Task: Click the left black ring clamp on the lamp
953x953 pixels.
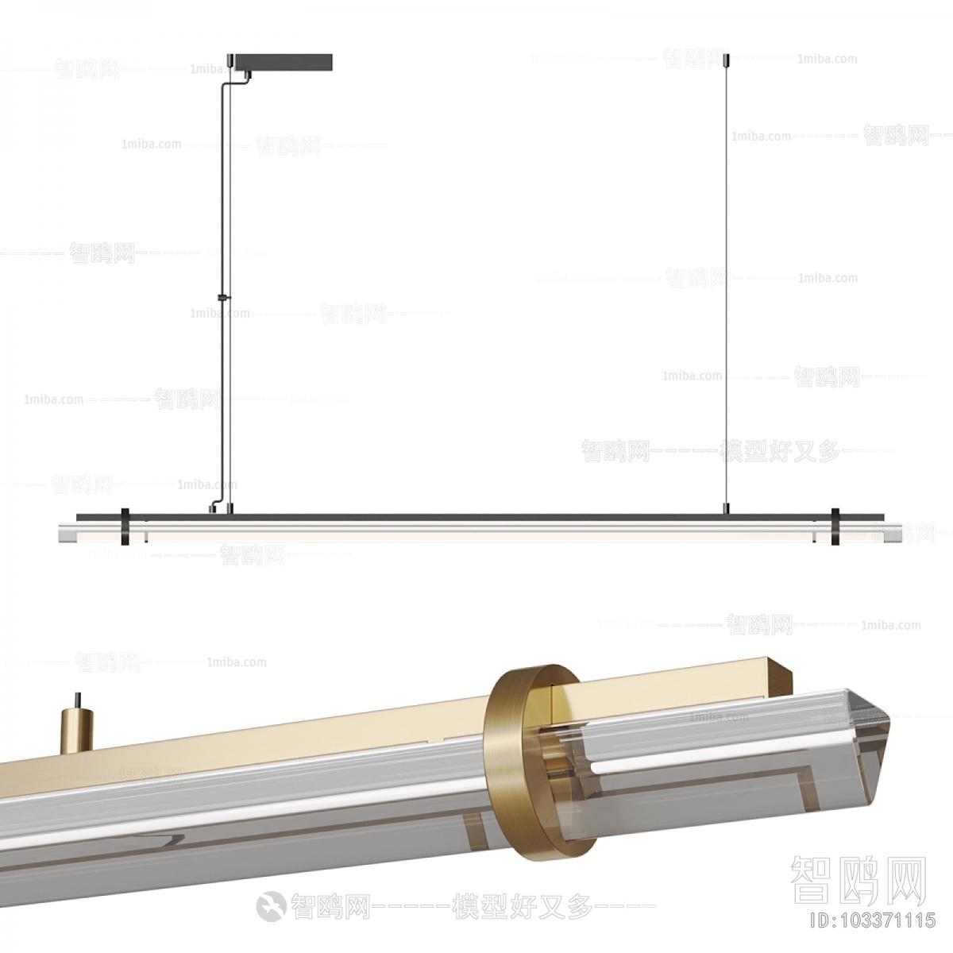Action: pos(125,527)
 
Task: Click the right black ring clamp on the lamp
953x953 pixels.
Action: pos(835,527)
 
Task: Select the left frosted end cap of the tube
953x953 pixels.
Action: pos(68,533)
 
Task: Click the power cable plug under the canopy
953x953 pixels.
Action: pos(247,76)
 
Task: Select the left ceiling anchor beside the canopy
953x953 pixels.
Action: pos(232,60)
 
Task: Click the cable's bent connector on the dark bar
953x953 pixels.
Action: pos(214,507)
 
